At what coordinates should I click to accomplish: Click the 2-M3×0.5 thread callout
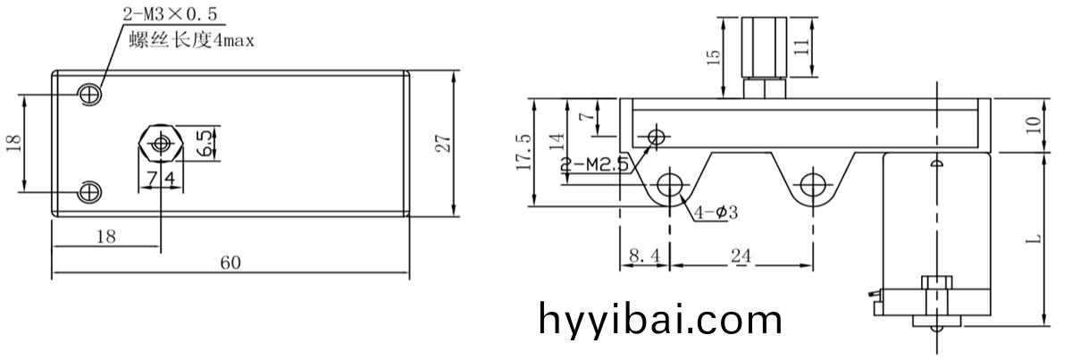pyautogui.click(x=171, y=14)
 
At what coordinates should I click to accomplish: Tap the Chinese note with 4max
pyautogui.click(x=191, y=40)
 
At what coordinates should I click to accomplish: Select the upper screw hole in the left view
pyautogui.click(x=89, y=94)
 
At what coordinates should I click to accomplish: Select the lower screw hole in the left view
pyautogui.click(x=89, y=192)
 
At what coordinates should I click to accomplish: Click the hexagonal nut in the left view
pyautogui.click(x=162, y=143)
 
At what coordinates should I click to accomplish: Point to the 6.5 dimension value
pyautogui.click(x=205, y=143)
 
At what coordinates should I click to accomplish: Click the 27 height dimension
pyautogui.click(x=443, y=144)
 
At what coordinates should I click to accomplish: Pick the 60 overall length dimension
pyautogui.click(x=230, y=263)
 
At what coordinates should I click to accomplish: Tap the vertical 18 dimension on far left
pyautogui.click(x=14, y=143)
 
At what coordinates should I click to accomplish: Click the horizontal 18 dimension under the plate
pyautogui.click(x=106, y=237)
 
